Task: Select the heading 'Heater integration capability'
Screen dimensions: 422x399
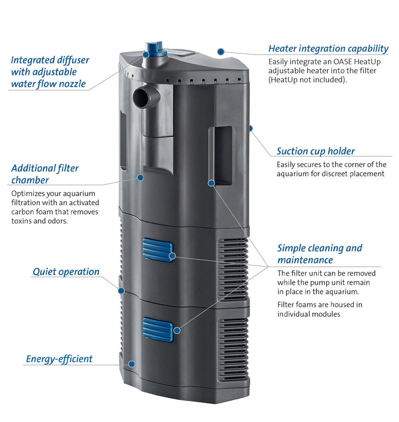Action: pos(328,48)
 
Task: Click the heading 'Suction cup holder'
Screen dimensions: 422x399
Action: pos(316,151)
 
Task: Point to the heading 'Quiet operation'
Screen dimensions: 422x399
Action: pos(66,272)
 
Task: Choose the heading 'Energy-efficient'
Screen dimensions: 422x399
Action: pos(59,359)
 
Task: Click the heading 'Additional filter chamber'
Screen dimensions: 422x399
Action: pos(45,174)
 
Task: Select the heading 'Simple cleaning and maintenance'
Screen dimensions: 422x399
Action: pos(320,253)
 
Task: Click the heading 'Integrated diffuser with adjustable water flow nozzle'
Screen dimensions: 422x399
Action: pos(50,72)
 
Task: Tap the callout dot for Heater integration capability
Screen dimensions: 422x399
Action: pos(220,51)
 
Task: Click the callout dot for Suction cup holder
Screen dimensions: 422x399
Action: pos(251,128)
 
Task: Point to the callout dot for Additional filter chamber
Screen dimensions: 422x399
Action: pos(141,177)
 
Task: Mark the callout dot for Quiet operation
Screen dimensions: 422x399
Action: pos(121,290)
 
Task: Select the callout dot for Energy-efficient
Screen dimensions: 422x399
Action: pos(131,364)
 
